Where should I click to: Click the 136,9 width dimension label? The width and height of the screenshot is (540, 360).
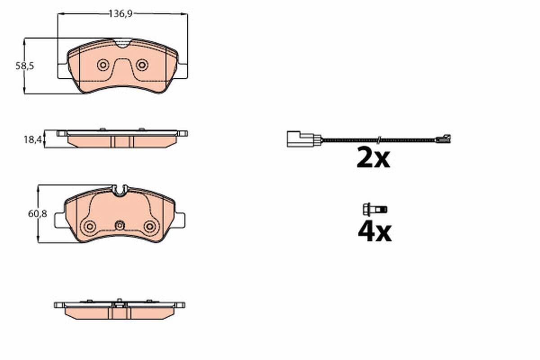[120, 14]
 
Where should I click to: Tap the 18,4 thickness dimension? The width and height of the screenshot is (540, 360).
[32, 140]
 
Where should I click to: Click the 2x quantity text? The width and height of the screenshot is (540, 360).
[373, 159]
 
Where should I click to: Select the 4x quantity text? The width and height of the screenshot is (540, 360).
[374, 232]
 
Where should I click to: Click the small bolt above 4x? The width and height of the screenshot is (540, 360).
[374, 209]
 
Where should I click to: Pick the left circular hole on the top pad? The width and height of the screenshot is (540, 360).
[103, 65]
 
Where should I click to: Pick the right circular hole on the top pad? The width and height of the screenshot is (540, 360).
[142, 65]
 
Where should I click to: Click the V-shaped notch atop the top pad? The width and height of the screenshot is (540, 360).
[122, 43]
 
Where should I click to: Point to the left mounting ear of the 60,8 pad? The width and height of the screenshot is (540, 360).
[60, 220]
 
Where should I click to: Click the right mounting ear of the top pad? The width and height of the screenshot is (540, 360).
[182, 71]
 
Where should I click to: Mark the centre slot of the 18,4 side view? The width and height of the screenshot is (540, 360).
[122, 141]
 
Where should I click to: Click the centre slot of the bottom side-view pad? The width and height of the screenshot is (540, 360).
[119, 310]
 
